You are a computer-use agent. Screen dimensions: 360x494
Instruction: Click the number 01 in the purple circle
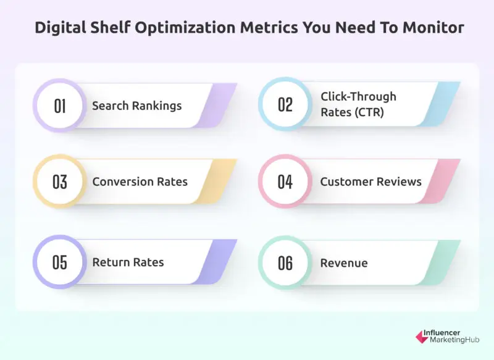(60, 106)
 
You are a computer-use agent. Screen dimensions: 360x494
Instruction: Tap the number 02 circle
(285, 105)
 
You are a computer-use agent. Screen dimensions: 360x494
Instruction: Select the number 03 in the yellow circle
(60, 182)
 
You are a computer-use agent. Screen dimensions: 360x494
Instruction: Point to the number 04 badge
(285, 182)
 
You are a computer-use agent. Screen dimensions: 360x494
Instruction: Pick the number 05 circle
(60, 262)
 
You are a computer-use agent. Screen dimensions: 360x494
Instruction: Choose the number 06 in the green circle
(285, 262)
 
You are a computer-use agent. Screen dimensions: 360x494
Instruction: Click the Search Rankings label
(136, 106)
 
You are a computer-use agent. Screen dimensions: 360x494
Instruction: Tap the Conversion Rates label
(140, 182)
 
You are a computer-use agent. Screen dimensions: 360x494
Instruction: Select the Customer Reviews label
(371, 182)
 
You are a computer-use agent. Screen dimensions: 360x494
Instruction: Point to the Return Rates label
(128, 262)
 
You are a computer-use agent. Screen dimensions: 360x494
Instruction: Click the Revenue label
(343, 263)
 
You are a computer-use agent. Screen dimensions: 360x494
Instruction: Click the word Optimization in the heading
(177, 28)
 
